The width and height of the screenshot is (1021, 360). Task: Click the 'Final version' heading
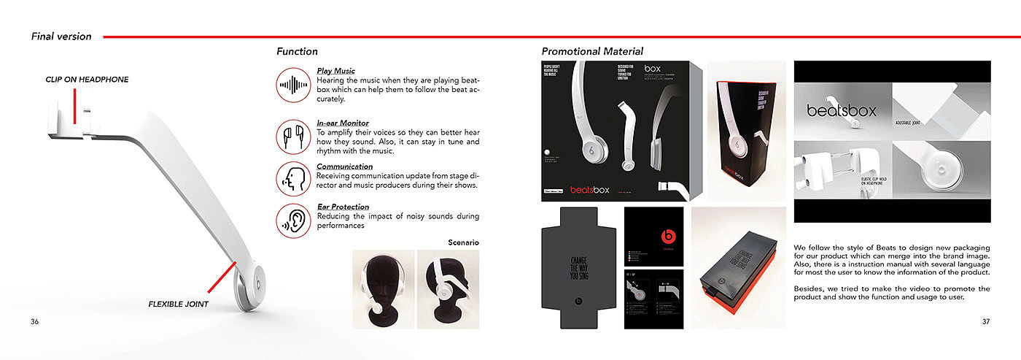coord(61,37)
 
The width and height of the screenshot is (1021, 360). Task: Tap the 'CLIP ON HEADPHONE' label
coord(88,79)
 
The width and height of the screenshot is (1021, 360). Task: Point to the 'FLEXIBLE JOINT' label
coord(178,304)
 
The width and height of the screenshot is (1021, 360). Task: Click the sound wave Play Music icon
coord(294,85)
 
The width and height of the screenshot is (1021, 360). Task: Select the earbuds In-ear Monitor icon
coord(294,136)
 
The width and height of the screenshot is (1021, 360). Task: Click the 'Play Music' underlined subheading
coord(335,71)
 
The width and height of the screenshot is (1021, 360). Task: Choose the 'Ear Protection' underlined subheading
coord(343,207)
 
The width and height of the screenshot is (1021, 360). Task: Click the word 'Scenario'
coord(463,242)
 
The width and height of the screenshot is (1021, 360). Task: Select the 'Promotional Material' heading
coord(592,51)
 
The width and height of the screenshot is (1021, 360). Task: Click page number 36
coord(35,322)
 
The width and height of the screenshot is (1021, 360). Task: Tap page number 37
coord(986,322)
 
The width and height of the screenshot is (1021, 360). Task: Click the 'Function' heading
coord(297,51)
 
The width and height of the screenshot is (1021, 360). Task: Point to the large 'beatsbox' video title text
coord(841,111)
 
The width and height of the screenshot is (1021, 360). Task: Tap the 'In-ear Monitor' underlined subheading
coord(342,123)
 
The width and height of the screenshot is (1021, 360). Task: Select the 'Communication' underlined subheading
coord(344,166)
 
